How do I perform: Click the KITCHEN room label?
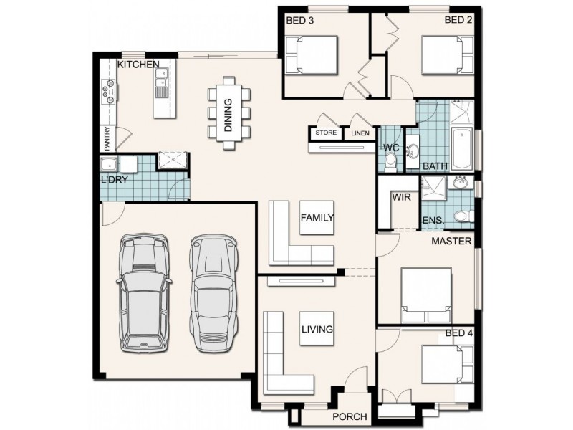[x=138, y=64]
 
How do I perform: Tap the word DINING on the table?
[x=228, y=115]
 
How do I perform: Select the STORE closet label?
[x=326, y=133]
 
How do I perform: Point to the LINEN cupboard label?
[x=360, y=133]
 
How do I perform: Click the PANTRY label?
[x=107, y=138]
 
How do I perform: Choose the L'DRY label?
[x=115, y=180]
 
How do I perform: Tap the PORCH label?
[x=350, y=416]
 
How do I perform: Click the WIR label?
[x=401, y=198]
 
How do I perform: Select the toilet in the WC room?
[x=390, y=163]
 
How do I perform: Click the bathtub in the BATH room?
[x=462, y=148]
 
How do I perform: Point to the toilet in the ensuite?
[x=463, y=216]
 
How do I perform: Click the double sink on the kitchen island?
[x=160, y=82]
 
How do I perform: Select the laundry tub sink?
[x=109, y=164]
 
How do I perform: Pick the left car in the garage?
[x=145, y=292]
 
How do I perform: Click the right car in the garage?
[x=213, y=293]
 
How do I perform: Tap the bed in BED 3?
[x=312, y=55]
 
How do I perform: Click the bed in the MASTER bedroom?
[x=426, y=295]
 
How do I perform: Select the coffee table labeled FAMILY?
[x=317, y=218]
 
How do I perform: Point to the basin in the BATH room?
[x=413, y=150]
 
